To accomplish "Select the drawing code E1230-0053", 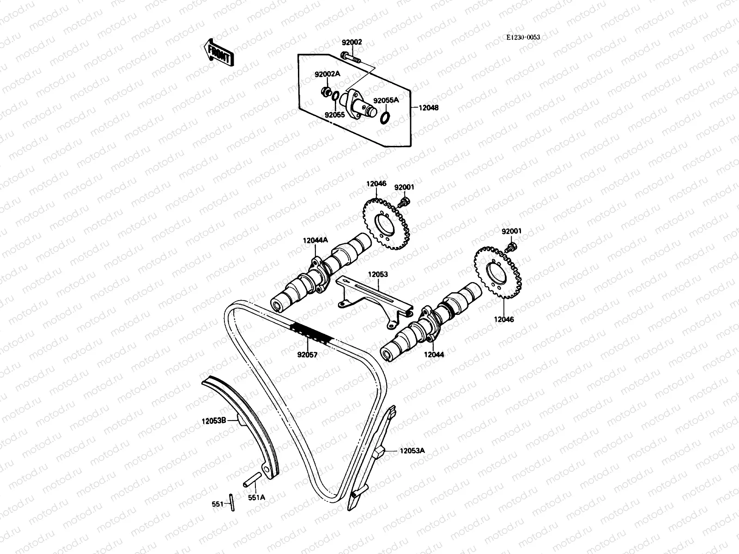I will (523, 37).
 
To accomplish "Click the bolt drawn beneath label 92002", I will (351, 57).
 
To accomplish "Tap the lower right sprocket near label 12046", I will (498, 273).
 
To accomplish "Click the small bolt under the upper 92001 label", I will (405, 202).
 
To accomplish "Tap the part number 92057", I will (309, 355).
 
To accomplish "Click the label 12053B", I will (213, 421).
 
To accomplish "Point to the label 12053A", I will (412, 451).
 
